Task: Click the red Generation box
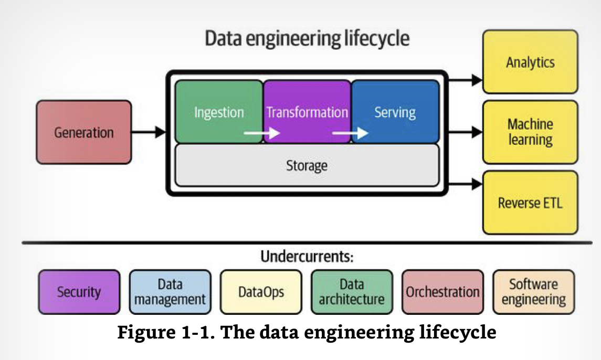[x=83, y=132]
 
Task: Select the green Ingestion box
[x=219, y=112]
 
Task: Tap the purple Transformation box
[x=307, y=112]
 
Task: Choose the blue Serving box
[x=395, y=112]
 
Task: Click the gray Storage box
[x=307, y=166]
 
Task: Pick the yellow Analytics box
[x=530, y=62]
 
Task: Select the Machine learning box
[x=530, y=132]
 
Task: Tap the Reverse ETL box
[x=530, y=203]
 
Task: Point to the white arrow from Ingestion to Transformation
[x=262, y=134]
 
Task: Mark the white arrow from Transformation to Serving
[x=350, y=134]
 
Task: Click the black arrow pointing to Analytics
[x=465, y=80]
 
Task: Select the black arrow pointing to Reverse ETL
[x=465, y=184]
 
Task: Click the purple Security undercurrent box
[x=79, y=292]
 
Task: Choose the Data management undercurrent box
[x=170, y=292]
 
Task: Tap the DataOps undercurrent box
[x=261, y=292]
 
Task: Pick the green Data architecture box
[x=352, y=292]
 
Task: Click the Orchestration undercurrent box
[x=442, y=292]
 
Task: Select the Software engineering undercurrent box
[x=533, y=292]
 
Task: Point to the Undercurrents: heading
[x=307, y=257]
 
